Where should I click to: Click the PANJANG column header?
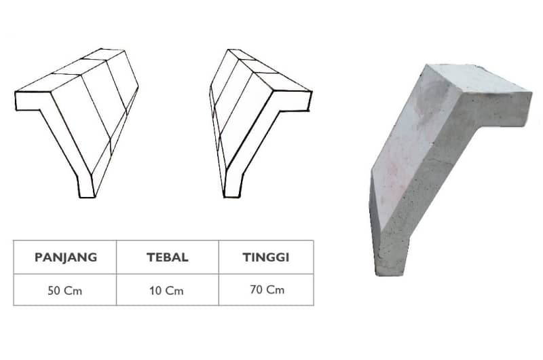coord(65,257)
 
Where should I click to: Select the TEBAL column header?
coord(167,257)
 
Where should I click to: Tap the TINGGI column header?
coord(266,257)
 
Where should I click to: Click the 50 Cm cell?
coord(65,291)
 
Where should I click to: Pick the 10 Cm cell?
coord(167,291)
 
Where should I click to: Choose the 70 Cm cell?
coord(266,290)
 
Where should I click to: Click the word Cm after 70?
coord(275,290)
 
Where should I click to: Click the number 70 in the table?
coord(257,290)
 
